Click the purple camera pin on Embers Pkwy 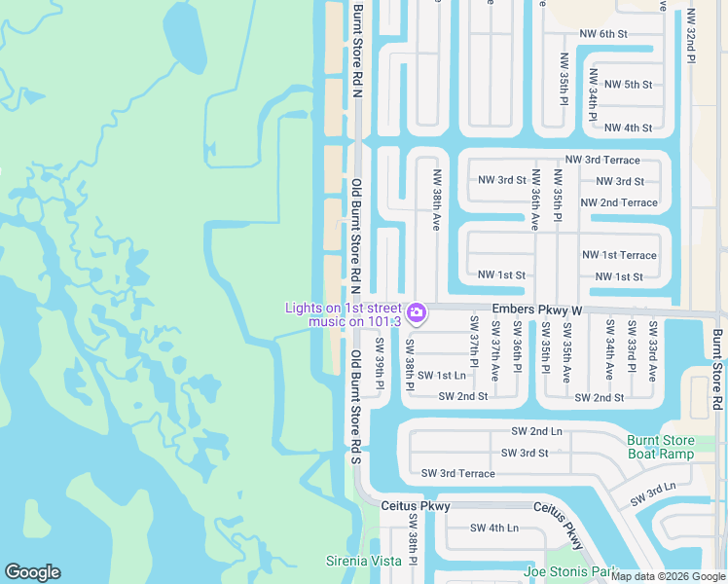tap(417, 311)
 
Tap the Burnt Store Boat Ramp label tap(661, 447)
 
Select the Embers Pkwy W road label tap(536, 310)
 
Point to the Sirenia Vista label tap(362, 561)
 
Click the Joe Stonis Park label tap(571, 571)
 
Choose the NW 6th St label tap(603, 34)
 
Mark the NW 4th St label tap(628, 128)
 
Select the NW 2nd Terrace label tap(619, 202)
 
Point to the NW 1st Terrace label tap(619, 255)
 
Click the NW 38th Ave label tap(437, 201)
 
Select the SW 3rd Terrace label tap(457, 473)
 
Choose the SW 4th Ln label tap(494, 528)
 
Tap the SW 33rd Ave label tap(653, 350)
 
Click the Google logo tap(32, 572)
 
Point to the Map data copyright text tap(668, 576)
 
